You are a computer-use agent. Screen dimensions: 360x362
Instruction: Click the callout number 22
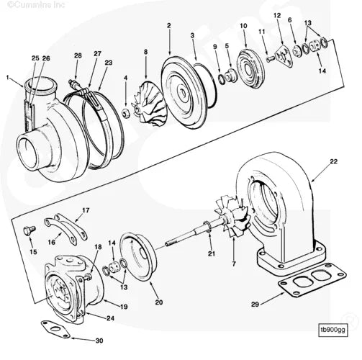point(333,162)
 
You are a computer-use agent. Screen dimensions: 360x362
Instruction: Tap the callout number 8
point(145,51)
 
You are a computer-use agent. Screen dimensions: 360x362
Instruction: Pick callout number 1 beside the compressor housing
point(9,77)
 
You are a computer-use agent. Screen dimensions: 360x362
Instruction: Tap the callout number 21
point(211,254)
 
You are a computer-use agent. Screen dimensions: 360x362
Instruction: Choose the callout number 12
point(277,15)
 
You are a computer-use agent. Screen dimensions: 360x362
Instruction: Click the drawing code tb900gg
point(333,330)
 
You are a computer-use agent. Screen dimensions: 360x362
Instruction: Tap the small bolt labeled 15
point(30,230)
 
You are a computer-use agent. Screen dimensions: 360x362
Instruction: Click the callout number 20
point(159,302)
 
